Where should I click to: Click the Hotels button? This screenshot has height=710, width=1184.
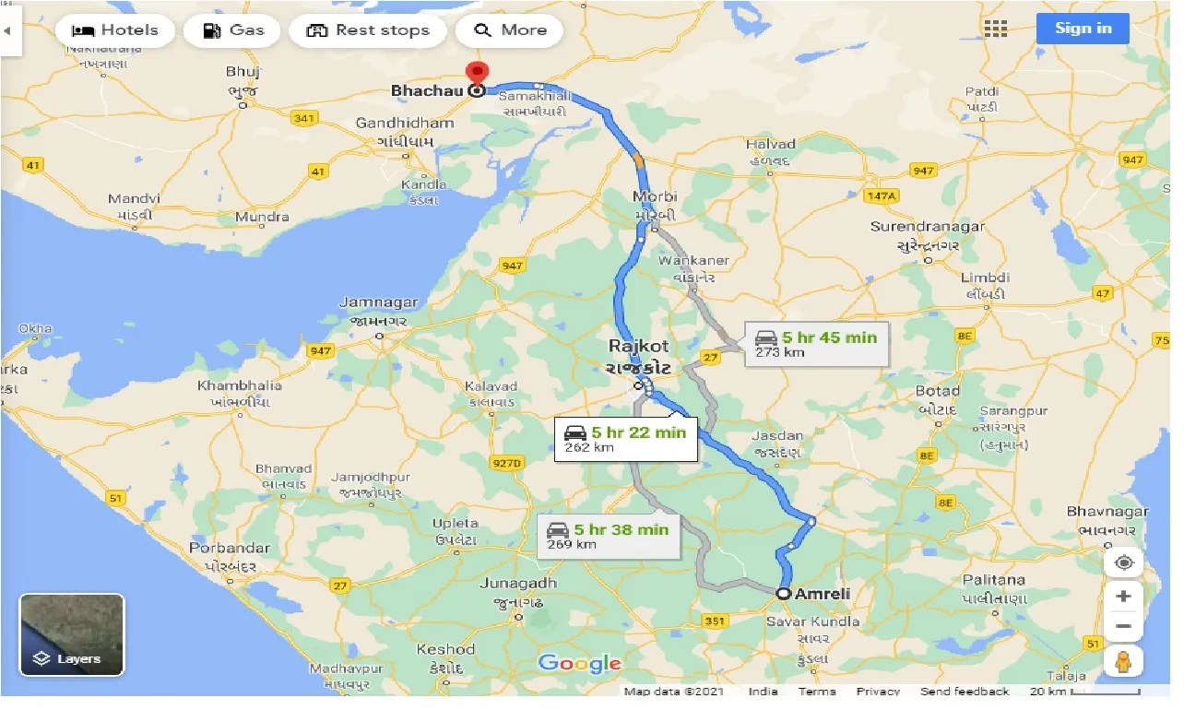tap(115, 30)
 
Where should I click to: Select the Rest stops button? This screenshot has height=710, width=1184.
tap(368, 30)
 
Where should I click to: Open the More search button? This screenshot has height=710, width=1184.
tap(510, 30)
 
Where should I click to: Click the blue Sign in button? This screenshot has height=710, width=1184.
tap(1083, 28)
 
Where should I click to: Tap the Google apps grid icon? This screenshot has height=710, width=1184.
tap(996, 29)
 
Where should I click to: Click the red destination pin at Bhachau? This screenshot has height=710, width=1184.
tap(477, 76)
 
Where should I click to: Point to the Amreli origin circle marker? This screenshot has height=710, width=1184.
tap(783, 594)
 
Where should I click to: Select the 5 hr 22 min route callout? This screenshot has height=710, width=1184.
tap(626, 438)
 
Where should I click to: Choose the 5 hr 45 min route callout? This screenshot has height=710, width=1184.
tap(815, 343)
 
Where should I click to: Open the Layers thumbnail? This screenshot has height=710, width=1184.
tap(72, 634)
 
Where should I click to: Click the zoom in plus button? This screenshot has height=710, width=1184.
tap(1123, 597)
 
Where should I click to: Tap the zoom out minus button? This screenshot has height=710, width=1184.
tap(1123, 627)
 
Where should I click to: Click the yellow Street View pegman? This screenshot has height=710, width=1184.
tap(1123, 661)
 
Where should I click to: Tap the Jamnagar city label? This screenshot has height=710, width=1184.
tap(379, 302)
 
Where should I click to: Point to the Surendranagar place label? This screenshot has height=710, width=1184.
tap(928, 227)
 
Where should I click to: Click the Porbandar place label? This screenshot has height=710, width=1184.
tap(230, 548)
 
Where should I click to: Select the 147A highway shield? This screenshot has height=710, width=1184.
tap(881, 195)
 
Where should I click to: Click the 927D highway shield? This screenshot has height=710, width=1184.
tap(506, 462)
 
